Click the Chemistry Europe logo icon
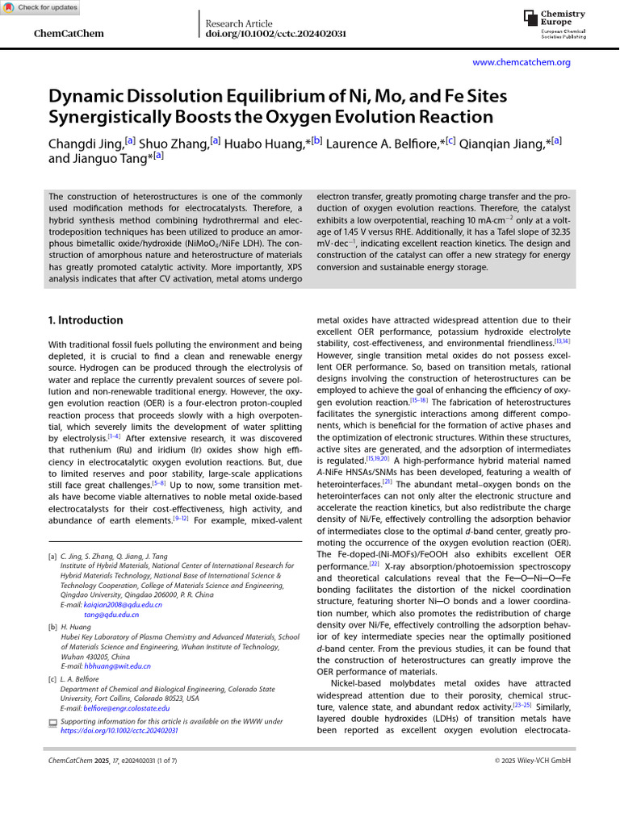click(x=530, y=18)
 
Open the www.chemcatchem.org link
click(x=521, y=62)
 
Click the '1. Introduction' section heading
click(x=86, y=320)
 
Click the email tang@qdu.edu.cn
click(x=111, y=615)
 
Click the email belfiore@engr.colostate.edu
click(x=127, y=708)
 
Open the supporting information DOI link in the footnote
click(x=119, y=731)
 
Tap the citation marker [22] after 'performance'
click(x=374, y=565)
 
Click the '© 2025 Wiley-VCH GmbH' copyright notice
click(x=532, y=761)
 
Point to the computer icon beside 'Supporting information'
click(x=53, y=722)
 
